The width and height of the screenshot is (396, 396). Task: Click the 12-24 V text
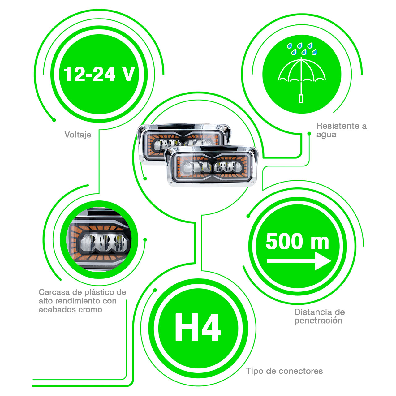click(99, 74)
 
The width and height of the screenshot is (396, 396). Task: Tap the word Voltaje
click(78, 135)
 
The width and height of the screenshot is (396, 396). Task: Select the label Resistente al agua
click(342, 130)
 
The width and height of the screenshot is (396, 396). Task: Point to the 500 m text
click(297, 242)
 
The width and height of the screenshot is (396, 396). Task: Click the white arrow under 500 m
click(299, 261)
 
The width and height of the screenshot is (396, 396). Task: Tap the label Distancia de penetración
click(319, 316)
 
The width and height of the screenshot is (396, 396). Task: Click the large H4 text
click(198, 327)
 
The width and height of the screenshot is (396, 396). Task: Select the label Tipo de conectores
click(284, 371)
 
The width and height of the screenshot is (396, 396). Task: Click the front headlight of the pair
click(212, 167)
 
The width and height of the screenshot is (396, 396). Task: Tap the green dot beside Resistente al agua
click(309, 133)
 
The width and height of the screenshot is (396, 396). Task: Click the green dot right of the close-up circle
click(145, 239)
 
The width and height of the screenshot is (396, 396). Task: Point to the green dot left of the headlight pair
click(145, 179)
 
